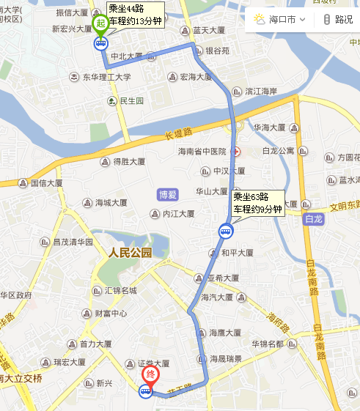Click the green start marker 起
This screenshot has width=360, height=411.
(x=100, y=23)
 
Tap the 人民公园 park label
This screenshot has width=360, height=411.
(x=130, y=253)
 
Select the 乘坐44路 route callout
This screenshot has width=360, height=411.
(x=134, y=14)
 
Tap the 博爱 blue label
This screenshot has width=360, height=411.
(x=168, y=194)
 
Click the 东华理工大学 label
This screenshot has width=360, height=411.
(x=106, y=77)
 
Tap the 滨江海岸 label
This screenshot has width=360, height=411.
(x=260, y=92)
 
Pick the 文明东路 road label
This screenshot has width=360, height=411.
(x=343, y=207)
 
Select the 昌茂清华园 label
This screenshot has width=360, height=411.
(x=73, y=242)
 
